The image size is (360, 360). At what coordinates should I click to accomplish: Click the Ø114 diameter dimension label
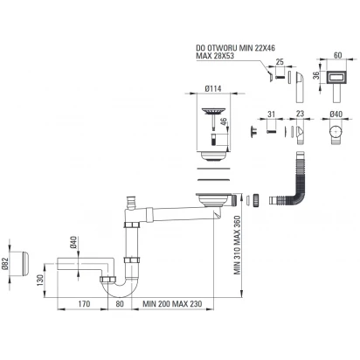coord(213,88)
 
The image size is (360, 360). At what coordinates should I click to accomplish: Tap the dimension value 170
coord(84,304)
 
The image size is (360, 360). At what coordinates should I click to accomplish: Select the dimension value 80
coord(120,304)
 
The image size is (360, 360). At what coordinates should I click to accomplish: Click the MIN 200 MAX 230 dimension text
coord(172,304)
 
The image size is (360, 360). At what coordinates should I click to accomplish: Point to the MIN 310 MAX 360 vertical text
coord(238,245)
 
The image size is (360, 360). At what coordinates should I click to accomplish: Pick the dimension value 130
coord(40,280)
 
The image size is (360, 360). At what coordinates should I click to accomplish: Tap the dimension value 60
coord(338,55)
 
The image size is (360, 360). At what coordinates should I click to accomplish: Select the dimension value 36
coord(316,76)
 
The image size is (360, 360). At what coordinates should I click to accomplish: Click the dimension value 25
coord(280,62)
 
